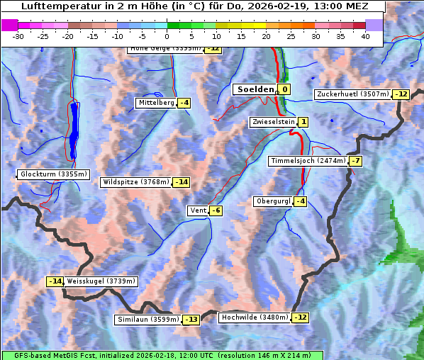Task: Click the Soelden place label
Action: pyautogui.click(x=254, y=89)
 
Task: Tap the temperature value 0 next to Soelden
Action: pyautogui.click(x=284, y=89)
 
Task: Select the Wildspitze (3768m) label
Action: pyautogui.click(x=136, y=182)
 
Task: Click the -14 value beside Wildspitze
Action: pyautogui.click(x=182, y=182)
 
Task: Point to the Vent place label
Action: pyautogui.click(x=197, y=210)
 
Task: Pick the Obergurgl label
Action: pyautogui.click(x=273, y=201)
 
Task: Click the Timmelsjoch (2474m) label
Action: pyautogui.click(x=308, y=161)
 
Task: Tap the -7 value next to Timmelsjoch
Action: pyautogui.click(x=355, y=161)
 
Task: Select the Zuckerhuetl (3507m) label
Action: pyautogui.click(x=353, y=94)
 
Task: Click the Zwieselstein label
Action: pyautogui.click(x=273, y=122)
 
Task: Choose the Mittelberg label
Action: pyautogui.click(x=156, y=103)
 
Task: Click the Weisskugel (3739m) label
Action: pyautogui.click(x=101, y=281)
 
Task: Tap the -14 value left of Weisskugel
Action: pyautogui.click(x=55, y=281)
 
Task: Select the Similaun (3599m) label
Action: pyautogui.click(x=147, y=320)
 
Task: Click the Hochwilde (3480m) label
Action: pyautogui.click(x=255, y=317)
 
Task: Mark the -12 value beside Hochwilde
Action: pyautogui.click(x=300, y=317)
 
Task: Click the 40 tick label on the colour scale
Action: pyautogui.click(x=365, y=36)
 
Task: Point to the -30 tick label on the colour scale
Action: pyautogui.click(x=18, y=36)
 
